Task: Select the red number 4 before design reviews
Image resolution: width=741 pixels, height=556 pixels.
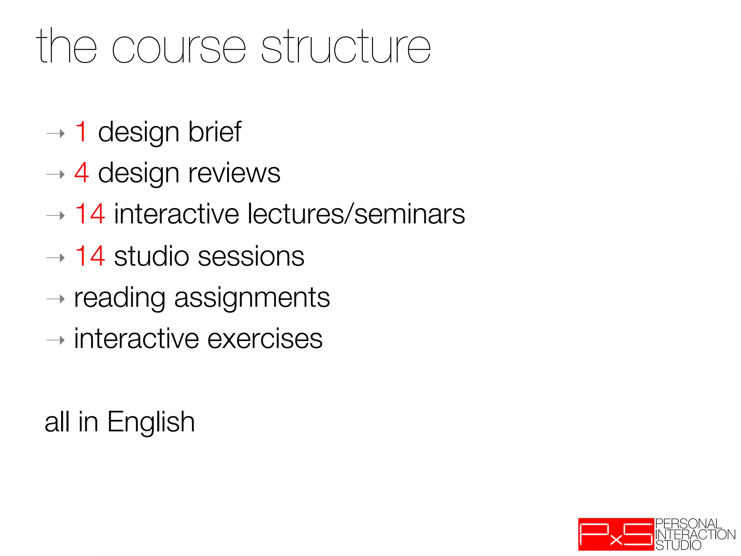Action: [x=81, y=173]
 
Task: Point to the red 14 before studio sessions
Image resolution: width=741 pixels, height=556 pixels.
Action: [x=90, y=256]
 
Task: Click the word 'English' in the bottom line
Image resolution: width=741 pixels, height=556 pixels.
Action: [x=151, y=422]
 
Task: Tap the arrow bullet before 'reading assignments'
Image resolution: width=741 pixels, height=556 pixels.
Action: [x=56, y=299]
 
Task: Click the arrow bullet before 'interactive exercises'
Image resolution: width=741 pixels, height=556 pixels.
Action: [x=56, y=340]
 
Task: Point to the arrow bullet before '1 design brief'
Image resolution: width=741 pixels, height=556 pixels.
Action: [x=56, y=134]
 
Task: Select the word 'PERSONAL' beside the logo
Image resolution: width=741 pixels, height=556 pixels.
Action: [x=689, y=524]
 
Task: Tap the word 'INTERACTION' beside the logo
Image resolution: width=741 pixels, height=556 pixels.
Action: [x=695, y=535]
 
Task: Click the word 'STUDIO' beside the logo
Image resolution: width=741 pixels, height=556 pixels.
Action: [x=678, y=545]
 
